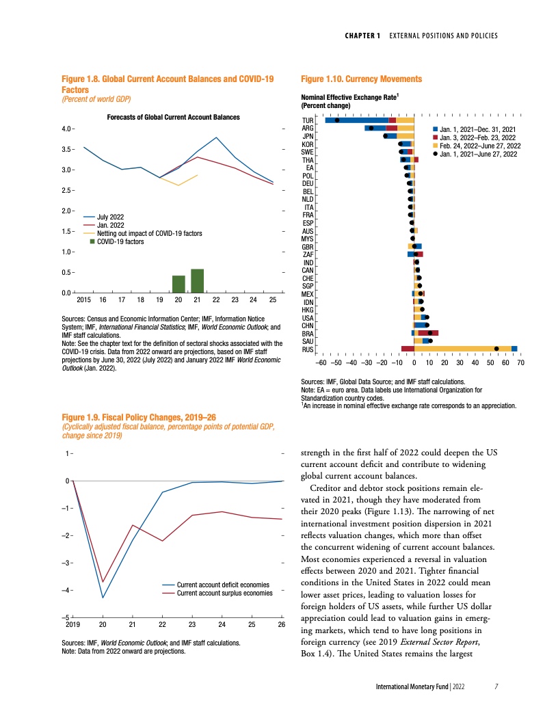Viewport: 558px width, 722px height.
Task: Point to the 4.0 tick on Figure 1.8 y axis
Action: tap(68, 129)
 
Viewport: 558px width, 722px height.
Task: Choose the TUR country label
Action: tap(307, 120)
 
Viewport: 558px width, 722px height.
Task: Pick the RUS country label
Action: tap(307, 349)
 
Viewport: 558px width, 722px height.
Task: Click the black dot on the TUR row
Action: tap(337, 121)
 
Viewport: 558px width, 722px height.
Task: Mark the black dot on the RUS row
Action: tap(496, 349)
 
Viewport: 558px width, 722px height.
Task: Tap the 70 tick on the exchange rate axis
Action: tap(520, 362)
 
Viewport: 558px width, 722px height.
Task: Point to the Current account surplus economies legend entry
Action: tap(224, 593)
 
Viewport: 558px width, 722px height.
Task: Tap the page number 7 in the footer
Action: tap(497, 686)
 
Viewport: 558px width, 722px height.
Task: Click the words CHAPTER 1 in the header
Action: tap(361, 36)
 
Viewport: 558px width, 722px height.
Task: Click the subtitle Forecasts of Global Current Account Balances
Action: tap(174, 118)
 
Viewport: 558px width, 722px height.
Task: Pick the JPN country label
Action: tap(308, 136)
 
